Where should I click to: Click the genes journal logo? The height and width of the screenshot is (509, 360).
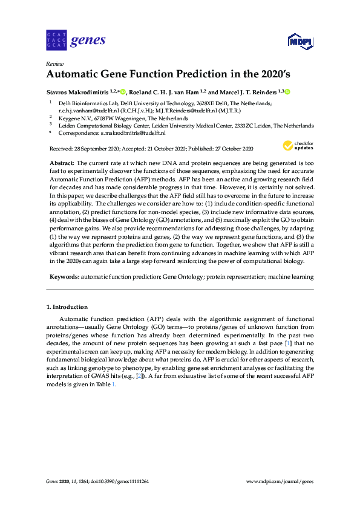[76, 41]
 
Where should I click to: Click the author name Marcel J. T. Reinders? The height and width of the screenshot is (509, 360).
[246, 92]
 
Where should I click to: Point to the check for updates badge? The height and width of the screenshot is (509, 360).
[298, 146]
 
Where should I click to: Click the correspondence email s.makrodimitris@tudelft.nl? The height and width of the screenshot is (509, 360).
[134, 132]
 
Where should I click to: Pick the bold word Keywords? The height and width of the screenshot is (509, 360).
[64, 276]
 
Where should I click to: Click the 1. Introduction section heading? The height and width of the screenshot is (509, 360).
[67, 307]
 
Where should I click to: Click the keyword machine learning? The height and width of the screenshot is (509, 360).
[292, 276]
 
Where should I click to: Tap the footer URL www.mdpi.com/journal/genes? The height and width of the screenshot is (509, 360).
[280, 481]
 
